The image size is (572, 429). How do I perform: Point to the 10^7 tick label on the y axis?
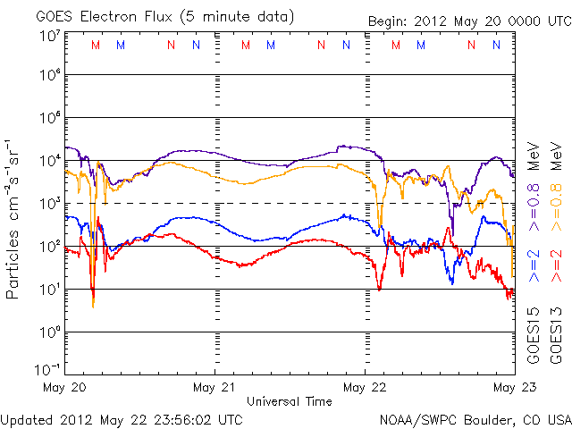click(50, 35)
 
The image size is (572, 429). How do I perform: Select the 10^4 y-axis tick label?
click(50, 160)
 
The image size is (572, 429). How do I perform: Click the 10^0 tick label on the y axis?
click(50, 332)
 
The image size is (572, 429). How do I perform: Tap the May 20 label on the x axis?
click(64, 387)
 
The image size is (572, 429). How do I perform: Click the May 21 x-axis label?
click(214, 387)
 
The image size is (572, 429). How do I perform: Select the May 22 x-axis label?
click(365, 387)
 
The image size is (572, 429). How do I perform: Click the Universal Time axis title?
click(290, 401)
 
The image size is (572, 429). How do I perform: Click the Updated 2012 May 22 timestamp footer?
click(122, 418)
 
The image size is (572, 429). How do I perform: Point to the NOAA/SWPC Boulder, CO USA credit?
click(475, 418)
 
